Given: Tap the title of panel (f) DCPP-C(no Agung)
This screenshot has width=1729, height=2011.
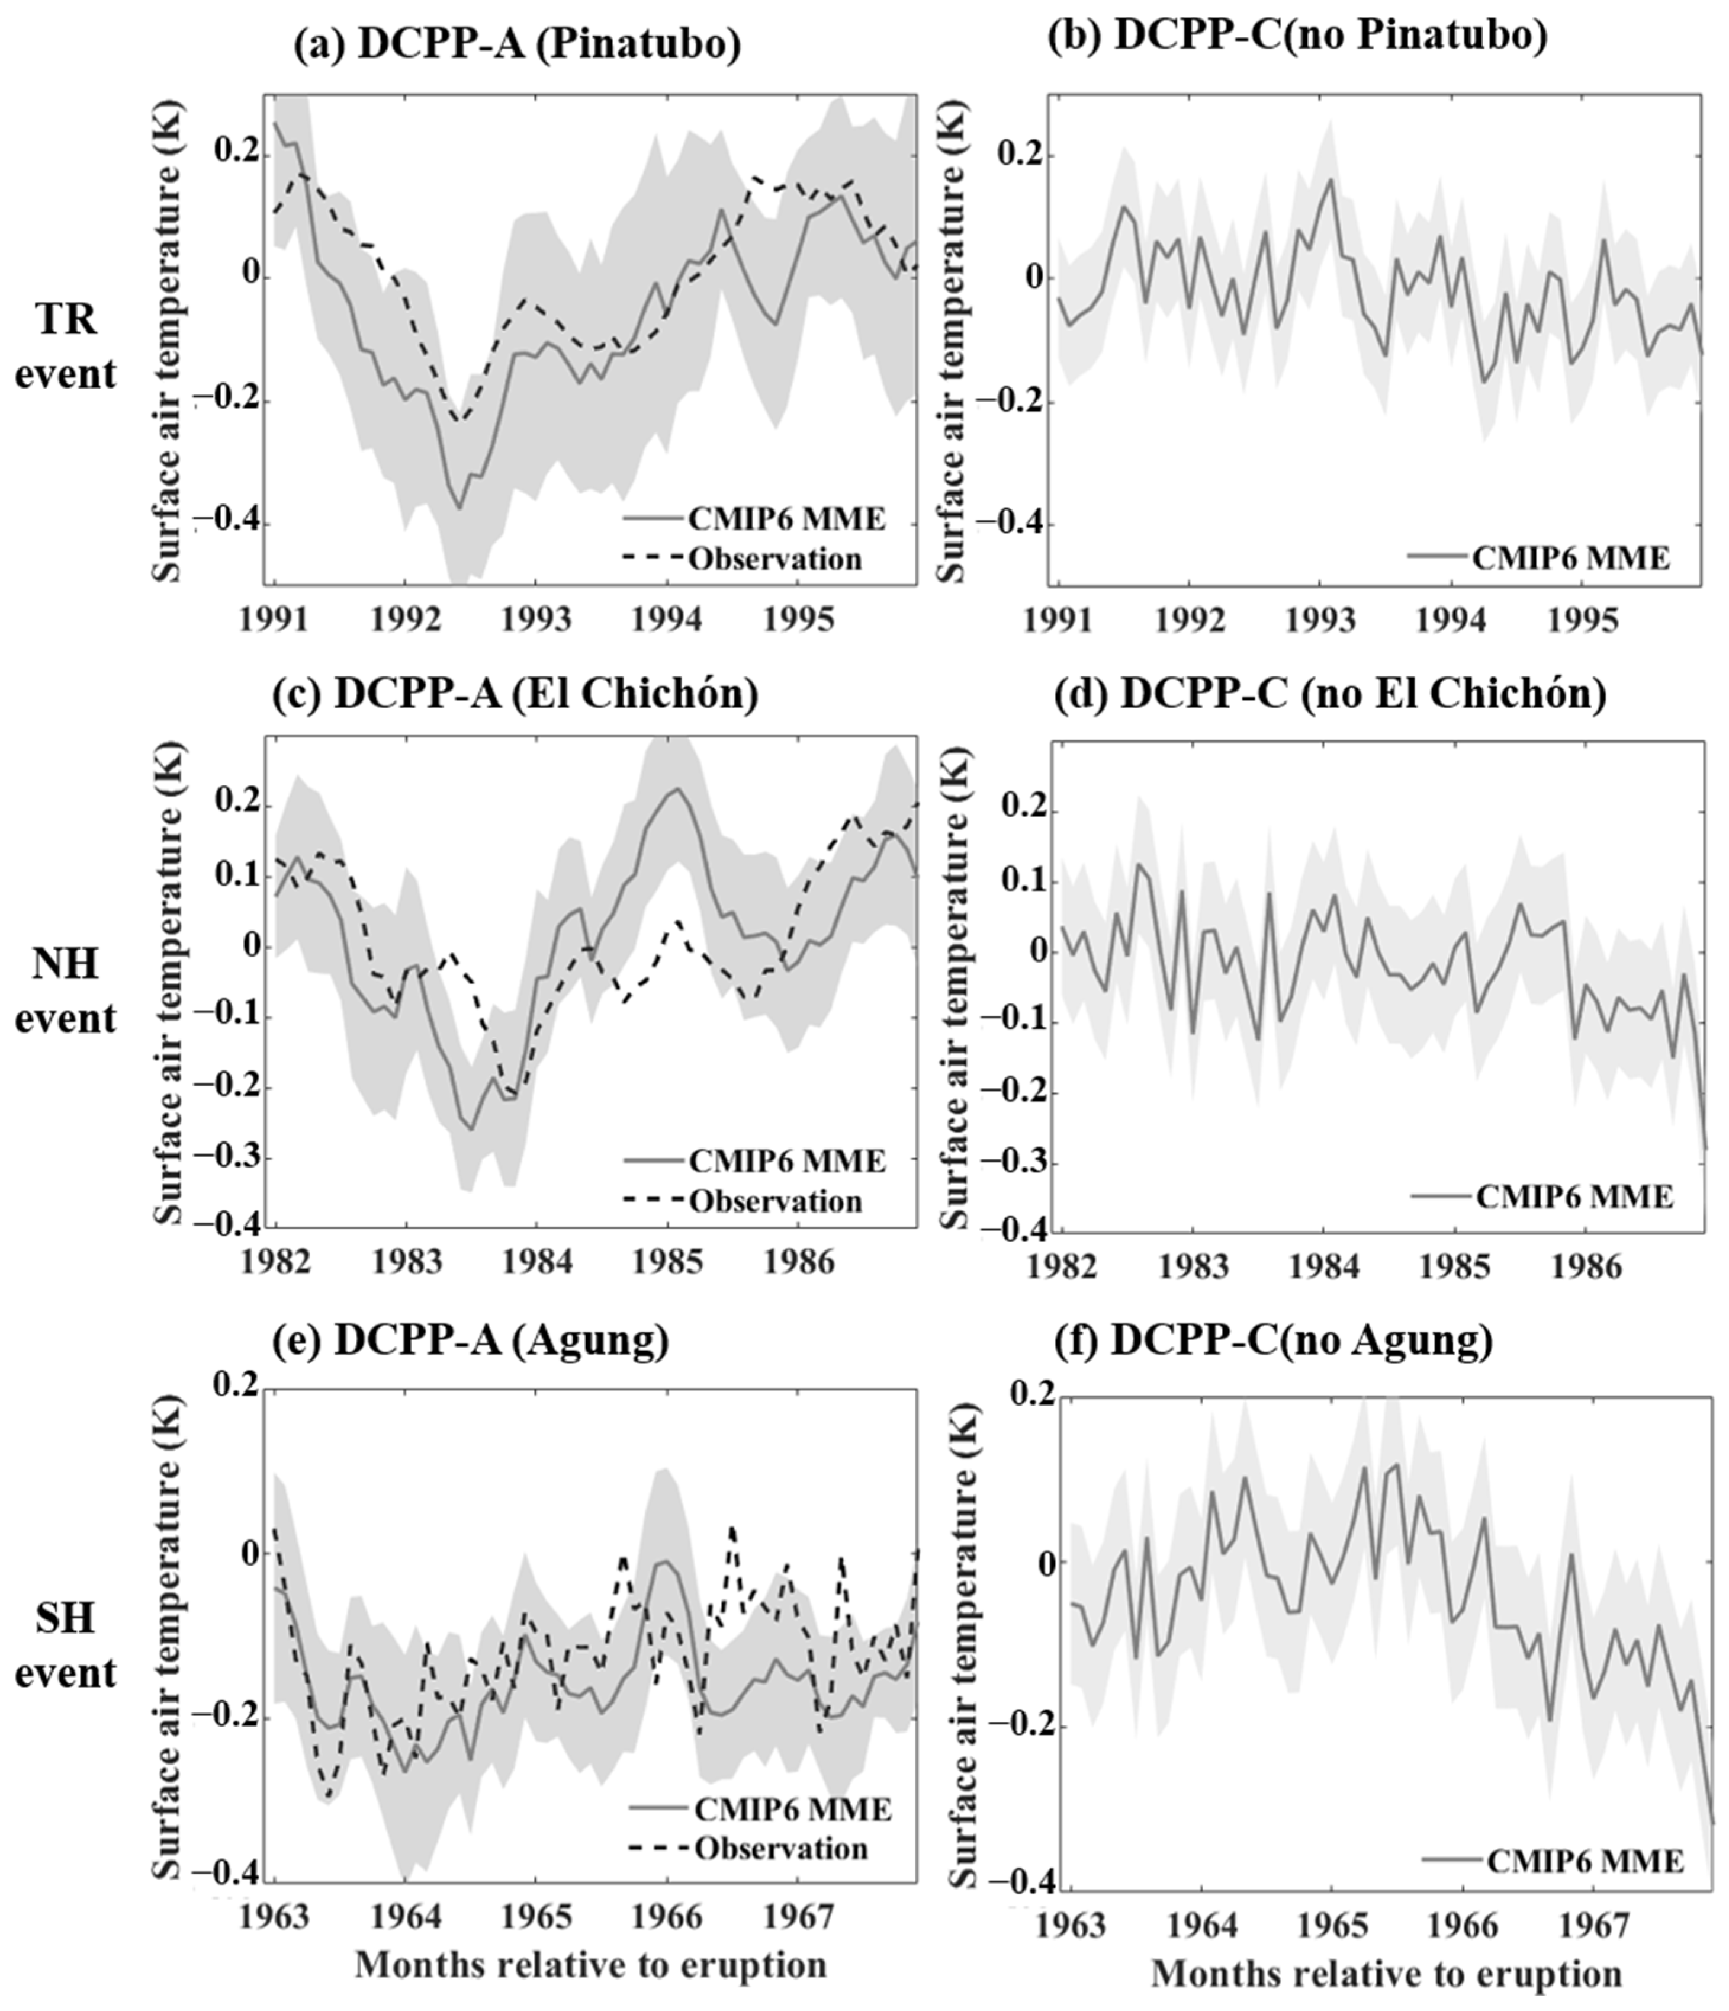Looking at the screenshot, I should click(x=1301, y=1340).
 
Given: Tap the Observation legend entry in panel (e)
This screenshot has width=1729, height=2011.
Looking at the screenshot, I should click(x=780, y=1847).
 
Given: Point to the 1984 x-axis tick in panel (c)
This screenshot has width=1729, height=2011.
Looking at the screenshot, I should click(x=536, y=1263).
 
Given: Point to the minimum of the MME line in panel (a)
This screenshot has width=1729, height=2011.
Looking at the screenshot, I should click(x=459, y=508).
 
